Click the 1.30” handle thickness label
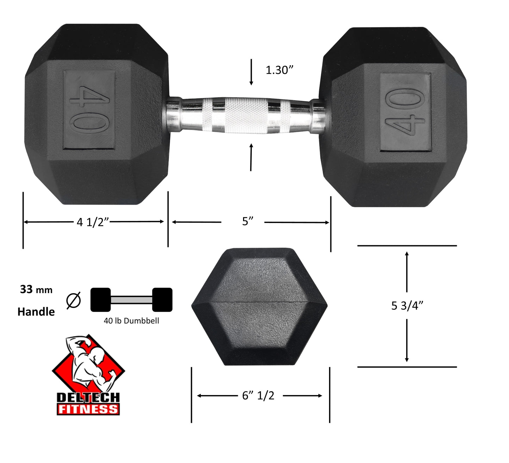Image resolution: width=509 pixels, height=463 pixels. pos(279,70)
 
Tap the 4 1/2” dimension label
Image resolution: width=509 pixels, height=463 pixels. pos(93,222)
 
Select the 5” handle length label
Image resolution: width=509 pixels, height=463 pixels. pos(248,221)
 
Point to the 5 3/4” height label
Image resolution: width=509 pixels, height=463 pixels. pos(407,305)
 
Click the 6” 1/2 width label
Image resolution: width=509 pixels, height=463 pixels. pos(258,396)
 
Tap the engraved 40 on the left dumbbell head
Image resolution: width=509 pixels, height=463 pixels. pos(89,110)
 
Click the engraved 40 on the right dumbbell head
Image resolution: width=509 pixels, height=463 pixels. pos(405,112)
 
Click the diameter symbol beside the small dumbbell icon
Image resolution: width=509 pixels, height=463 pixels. pos(74,301)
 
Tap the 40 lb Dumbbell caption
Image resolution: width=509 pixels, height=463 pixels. pos(131,321)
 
